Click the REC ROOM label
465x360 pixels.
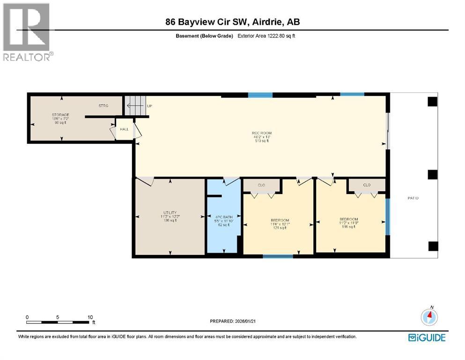pyautogui.click(x=261, y=133)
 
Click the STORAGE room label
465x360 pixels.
pyautogui.click(x=60, y=115)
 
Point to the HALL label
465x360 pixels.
pyautogui.click(x=124, y=129)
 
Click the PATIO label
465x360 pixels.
pyautogui.click(x=413, y=198)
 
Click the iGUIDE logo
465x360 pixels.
pyautogui.click(x=427, y=337)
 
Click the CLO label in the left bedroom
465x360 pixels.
pyautogui.click(x=261, y=185)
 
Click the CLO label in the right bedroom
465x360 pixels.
pyautogui.click(x=367, y=185)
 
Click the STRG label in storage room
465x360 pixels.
pyautogui.click(x=103, y=106)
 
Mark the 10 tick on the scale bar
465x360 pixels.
pyautogui.click(x=90, y=317)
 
